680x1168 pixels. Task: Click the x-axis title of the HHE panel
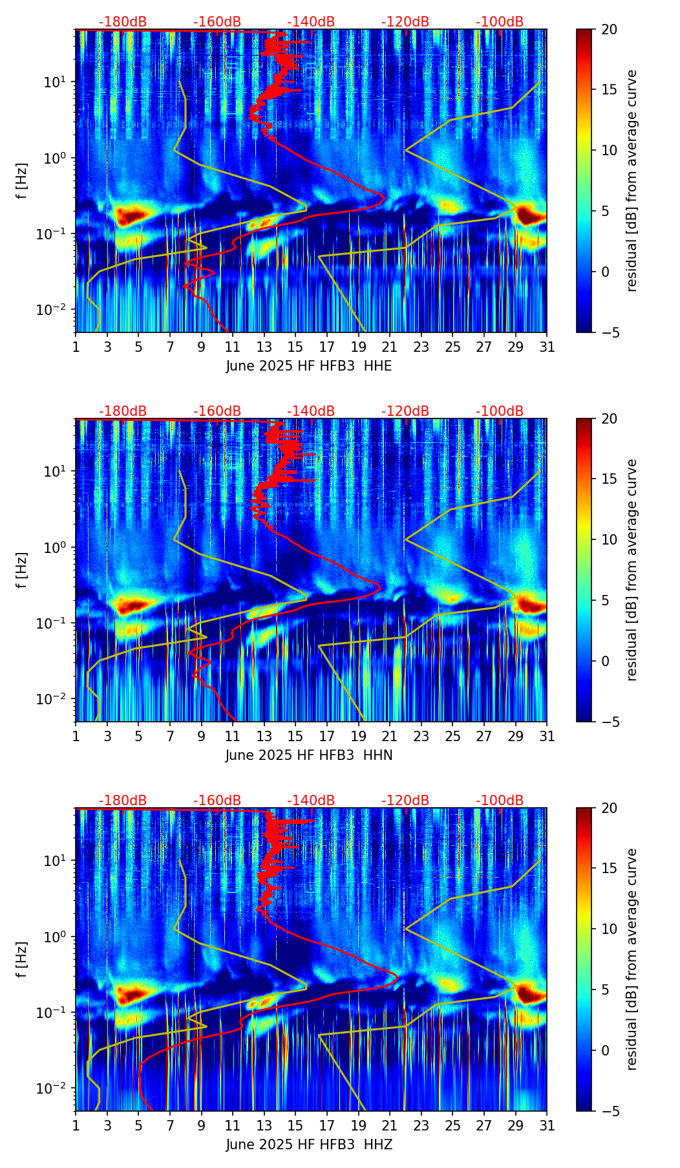309,366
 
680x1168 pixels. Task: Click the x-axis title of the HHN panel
309,755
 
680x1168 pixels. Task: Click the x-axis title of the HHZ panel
309,1145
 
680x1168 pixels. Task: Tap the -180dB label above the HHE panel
123,22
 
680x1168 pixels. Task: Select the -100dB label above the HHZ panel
500,801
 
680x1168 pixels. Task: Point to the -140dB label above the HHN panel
311,411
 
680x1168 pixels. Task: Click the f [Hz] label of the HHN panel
22,570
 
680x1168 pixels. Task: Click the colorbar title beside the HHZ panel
632,959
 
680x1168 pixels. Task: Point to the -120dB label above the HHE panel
405,22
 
